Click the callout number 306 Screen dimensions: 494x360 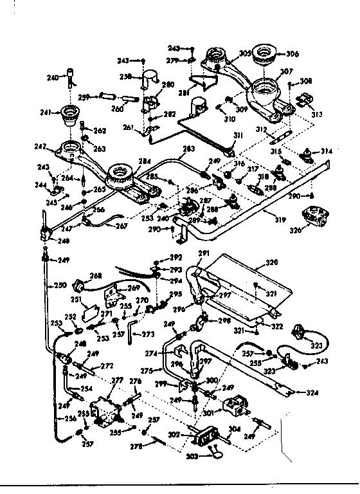coord(292,54)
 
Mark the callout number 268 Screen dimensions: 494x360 coord(96,275)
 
